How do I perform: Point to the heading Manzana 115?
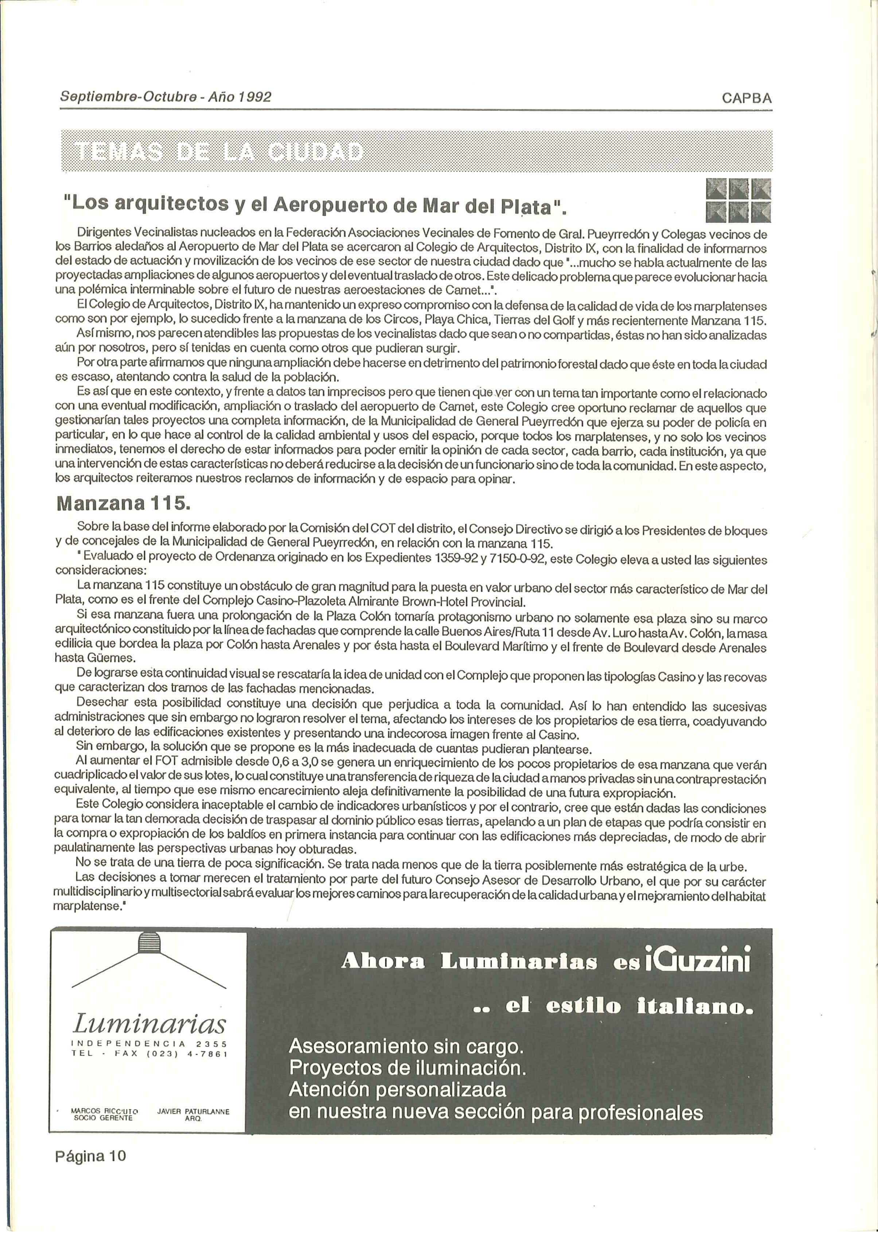tap(123, 504)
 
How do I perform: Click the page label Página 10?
tap(90, 1156)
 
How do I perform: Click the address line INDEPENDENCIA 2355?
tap(149, 1044)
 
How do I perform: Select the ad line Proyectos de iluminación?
tap(407, 1068)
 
